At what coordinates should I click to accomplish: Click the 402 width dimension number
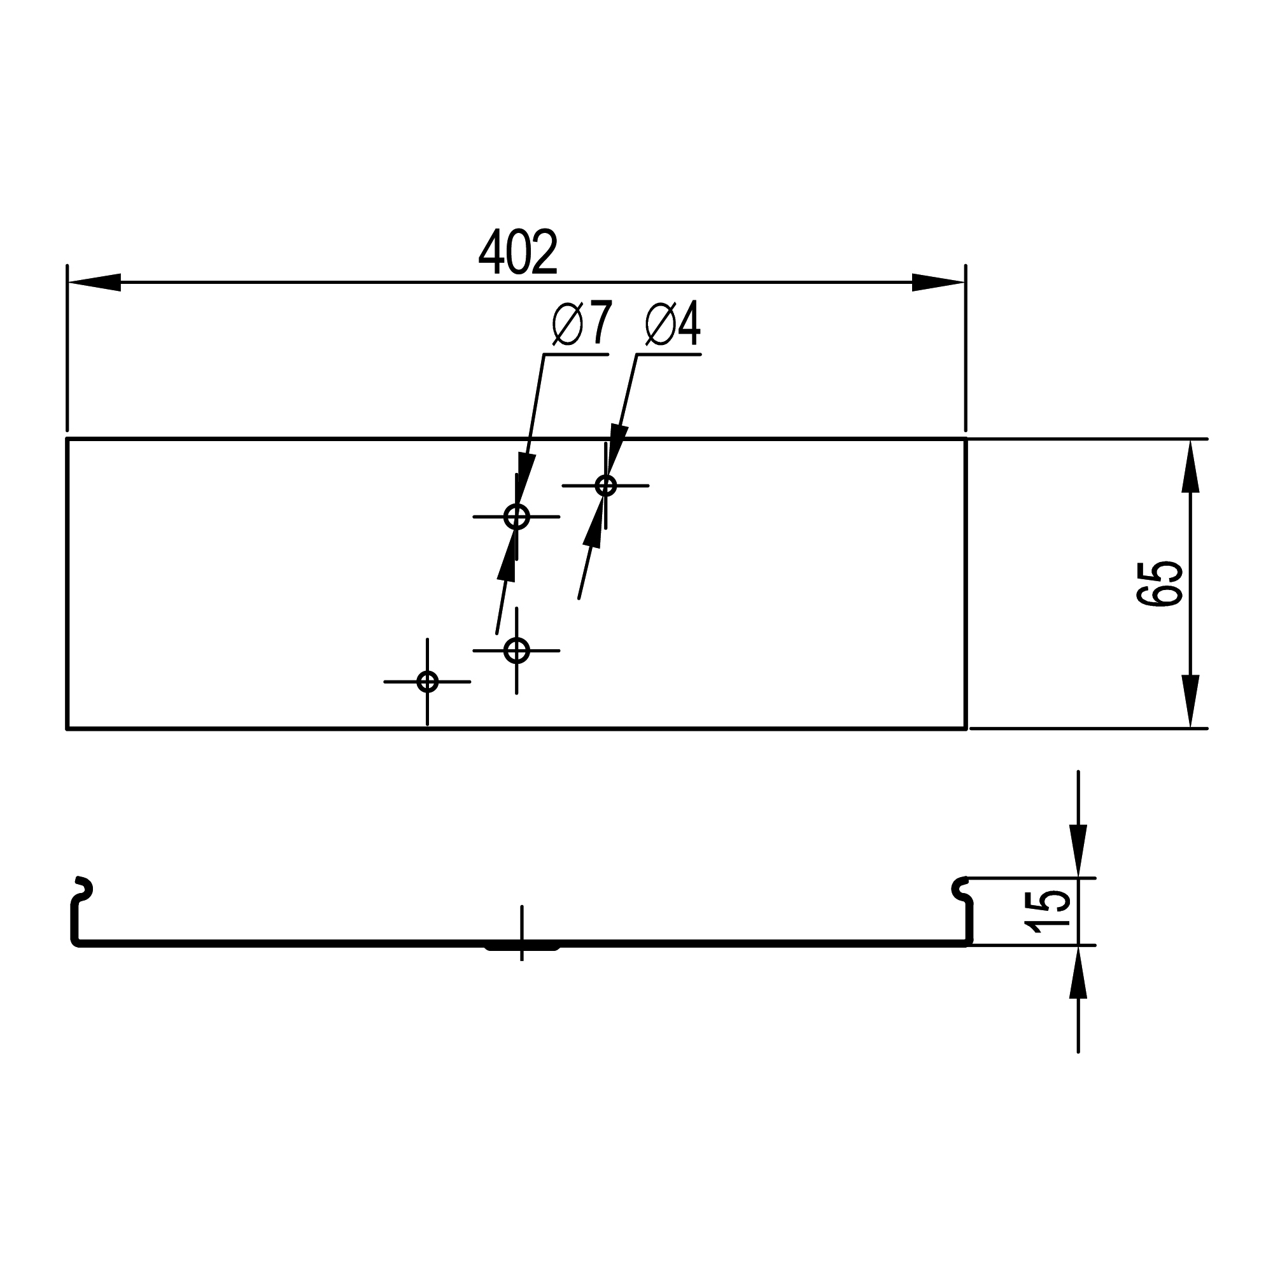(518, 251)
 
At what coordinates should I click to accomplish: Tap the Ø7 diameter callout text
(582, 323)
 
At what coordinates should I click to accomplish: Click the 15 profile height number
(1048, 911)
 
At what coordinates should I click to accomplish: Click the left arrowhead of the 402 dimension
(94, 282)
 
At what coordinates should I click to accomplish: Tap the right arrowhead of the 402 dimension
(938, 282)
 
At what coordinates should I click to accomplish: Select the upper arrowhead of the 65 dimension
(1190, 466)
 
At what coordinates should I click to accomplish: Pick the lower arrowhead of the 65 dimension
(1190, 701)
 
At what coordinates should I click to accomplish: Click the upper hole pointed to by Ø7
(517, 517)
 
